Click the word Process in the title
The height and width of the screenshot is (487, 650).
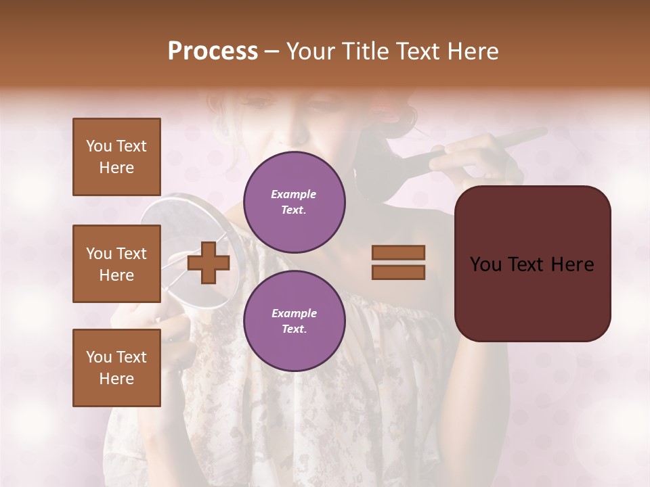coord(213,51)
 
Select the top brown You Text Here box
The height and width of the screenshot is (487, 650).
coord(116,157)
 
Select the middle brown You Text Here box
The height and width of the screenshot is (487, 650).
coord(116,264)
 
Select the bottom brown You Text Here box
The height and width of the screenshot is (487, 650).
coord(116,367)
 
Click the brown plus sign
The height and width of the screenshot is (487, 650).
coord(209,262)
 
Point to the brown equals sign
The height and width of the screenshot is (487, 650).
coord(398,262)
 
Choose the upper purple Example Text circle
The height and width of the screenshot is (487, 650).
coord(294,202)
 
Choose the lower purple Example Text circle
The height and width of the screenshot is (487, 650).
coord(294,321)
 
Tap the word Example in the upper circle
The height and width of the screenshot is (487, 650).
coord(294,194)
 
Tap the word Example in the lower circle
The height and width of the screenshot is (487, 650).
coord(294,313)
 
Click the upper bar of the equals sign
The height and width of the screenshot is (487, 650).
coord(398,252)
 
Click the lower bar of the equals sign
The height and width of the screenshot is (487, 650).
coord(398,272)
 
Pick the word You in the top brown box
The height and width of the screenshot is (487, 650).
coord(99,146)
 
